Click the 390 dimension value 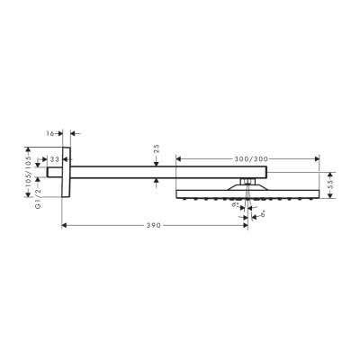point(154,225)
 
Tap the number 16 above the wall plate point(51,131)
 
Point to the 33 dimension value point(55,158)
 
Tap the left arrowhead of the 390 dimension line point(65,225)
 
